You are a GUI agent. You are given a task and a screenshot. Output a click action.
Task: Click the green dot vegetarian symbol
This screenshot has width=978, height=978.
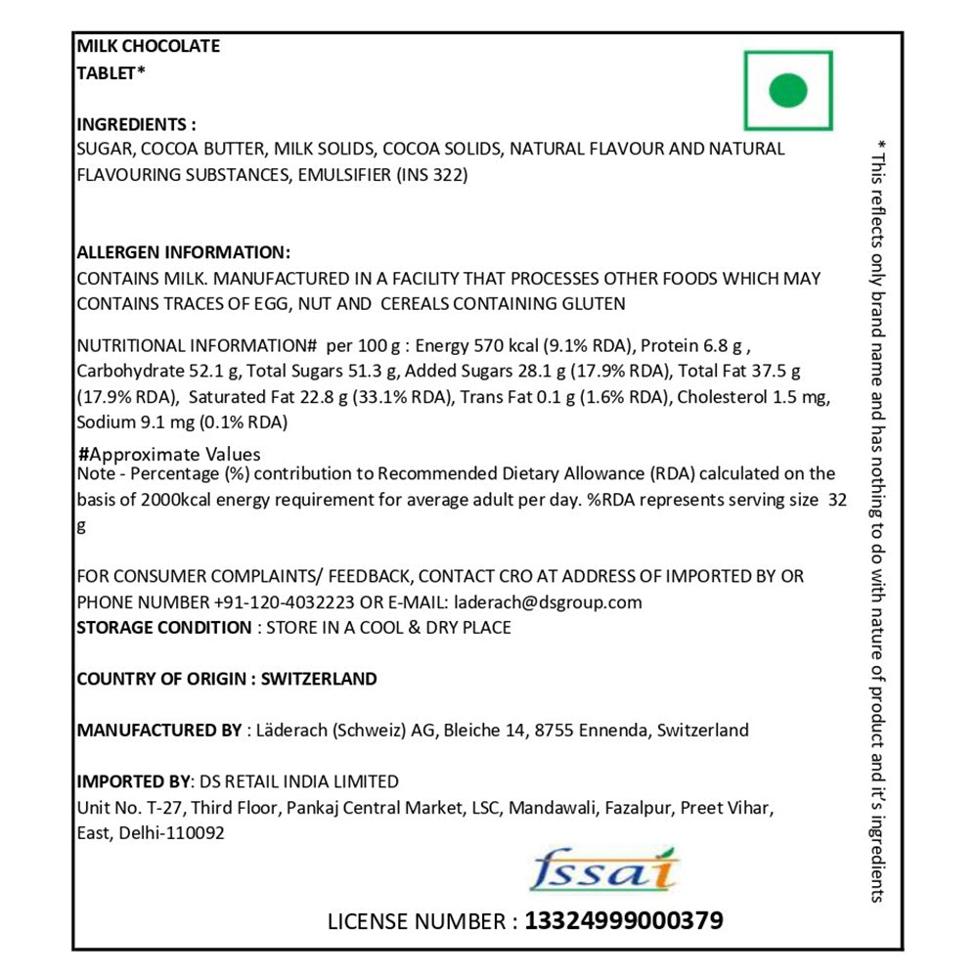point(788,91)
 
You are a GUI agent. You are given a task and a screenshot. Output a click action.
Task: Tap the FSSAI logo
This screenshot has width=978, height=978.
point(602,869)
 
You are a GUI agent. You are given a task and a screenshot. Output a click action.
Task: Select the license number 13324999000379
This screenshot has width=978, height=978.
point(624,920)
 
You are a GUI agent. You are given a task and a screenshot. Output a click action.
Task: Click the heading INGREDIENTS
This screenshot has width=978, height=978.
point(136,124)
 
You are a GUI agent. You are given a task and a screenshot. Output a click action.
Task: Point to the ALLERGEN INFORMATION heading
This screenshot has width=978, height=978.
point(183,251)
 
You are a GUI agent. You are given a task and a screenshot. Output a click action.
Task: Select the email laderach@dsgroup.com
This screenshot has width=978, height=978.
point(546,601)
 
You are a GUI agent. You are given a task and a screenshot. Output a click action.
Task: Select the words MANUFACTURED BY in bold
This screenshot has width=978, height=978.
point(158,730)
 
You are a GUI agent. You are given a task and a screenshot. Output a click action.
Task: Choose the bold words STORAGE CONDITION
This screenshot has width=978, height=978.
point(163,627)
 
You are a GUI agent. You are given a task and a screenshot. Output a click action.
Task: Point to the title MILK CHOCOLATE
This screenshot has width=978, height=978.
point(148,46)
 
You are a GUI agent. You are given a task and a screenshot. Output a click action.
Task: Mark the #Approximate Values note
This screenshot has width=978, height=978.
point(169,454)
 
